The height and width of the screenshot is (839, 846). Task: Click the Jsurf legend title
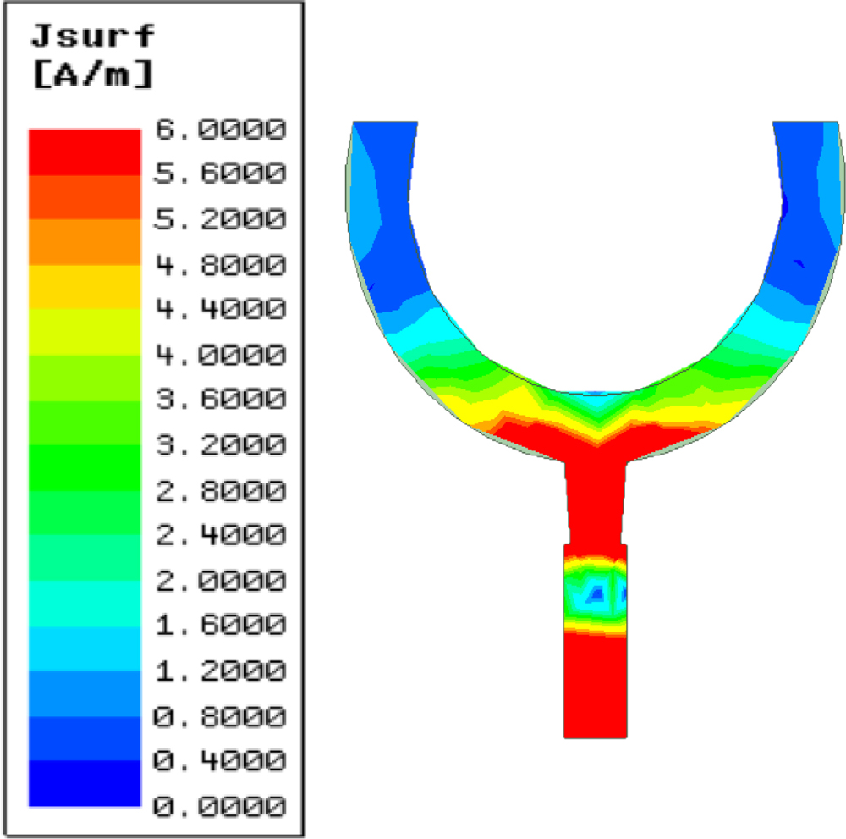93,36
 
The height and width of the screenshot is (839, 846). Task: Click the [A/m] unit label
93,74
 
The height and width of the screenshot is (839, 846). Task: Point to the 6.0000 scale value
220,130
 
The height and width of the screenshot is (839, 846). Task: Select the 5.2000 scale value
220,219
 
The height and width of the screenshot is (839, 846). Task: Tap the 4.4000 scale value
220,309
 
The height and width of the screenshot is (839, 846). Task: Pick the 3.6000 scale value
220,399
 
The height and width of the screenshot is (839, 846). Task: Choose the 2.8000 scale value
220,491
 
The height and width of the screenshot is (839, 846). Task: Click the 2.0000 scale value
220,582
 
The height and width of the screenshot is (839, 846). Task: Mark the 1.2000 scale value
220,671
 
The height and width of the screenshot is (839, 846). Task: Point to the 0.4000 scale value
220,761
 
